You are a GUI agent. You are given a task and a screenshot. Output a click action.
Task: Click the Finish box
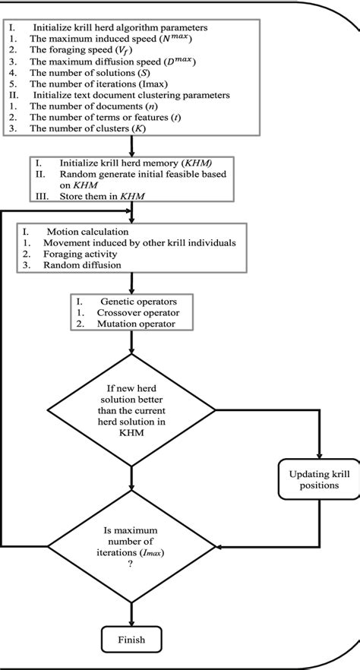tap(131, 640)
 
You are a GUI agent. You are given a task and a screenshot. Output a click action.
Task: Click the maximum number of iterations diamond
tap(131, 545)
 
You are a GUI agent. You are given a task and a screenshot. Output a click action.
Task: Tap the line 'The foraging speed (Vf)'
tap(76, 50)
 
